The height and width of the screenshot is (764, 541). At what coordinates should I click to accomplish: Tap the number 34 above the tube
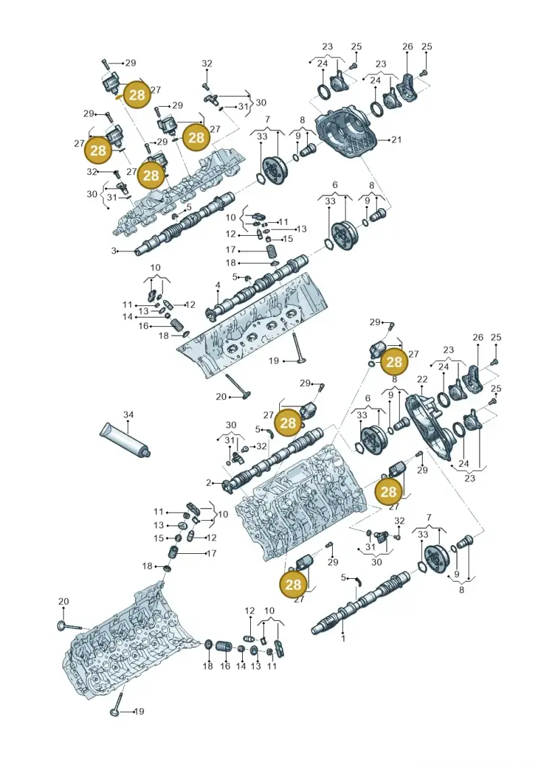[x=128, y=415]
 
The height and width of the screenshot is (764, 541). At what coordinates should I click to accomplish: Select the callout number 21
[x=396, y=140]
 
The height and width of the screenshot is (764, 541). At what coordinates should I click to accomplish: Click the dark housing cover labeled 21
[x=349, y=135]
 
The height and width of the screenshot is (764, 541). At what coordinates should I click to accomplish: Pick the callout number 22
[x=423, y=380]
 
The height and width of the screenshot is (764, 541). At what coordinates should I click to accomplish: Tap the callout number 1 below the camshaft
[x=343, y=638]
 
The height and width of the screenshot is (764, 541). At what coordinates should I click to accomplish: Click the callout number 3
[x=114, y=251]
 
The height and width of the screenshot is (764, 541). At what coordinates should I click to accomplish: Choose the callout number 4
[x=218, y=285]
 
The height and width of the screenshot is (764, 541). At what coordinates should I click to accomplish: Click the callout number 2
[x=209, y=483]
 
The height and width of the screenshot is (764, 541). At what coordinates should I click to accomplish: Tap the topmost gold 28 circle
[x=137, y=95]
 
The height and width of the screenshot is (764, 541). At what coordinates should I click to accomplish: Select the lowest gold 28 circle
[x=293, y=584]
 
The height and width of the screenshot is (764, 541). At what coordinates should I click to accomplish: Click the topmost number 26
[x=408, y=47]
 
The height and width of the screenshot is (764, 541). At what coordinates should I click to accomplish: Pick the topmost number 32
[x=207, y=63]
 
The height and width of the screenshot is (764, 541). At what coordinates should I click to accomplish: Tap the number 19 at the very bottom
[x=139, y=711]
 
